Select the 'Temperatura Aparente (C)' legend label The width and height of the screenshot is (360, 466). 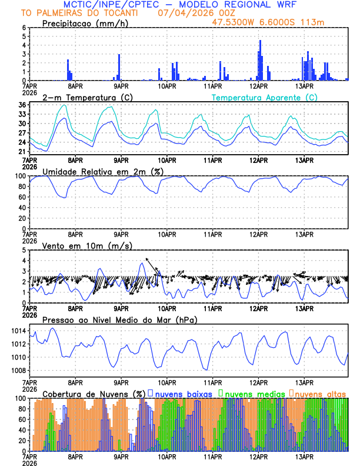(264, 97)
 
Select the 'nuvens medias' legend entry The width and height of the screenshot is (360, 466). (250, 393)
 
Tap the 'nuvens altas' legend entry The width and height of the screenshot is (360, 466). (319, 393)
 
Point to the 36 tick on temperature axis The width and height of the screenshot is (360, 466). (22, 105)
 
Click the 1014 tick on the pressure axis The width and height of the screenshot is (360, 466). (17, 331)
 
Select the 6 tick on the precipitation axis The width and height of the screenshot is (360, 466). (24, 28)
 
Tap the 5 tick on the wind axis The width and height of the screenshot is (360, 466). (24, 250)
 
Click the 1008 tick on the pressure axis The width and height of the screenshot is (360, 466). (17, 370)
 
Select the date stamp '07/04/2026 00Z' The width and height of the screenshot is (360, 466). (188, 12)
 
